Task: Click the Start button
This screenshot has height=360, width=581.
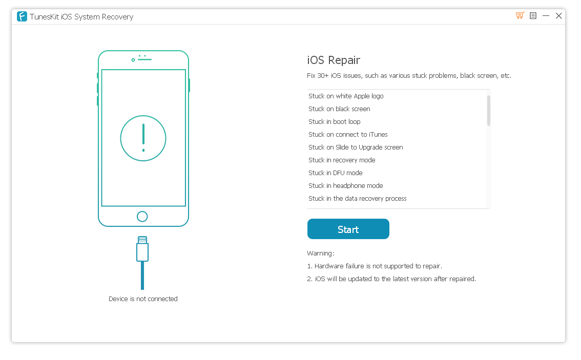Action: (348, 229)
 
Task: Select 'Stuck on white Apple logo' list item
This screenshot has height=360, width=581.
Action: (346, 96)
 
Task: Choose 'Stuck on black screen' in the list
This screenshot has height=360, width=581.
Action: (339, 109)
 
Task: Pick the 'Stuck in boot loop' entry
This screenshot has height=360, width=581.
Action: (334, 122)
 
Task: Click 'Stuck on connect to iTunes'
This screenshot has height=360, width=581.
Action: (348, 135)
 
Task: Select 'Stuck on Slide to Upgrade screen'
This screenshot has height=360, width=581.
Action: (356, 147)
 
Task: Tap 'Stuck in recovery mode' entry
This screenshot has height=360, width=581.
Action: (342, 160)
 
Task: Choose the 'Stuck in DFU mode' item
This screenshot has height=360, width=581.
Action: (335, 173)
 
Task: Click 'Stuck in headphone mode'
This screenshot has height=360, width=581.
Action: (345, 186)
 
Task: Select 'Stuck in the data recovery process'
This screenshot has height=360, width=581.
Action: (357, 199)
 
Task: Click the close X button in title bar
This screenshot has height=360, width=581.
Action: (559, 16)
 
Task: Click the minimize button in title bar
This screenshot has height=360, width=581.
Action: (546, 16)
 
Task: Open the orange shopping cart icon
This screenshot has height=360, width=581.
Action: (520, 16)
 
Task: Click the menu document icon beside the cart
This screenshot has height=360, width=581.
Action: (533, 16)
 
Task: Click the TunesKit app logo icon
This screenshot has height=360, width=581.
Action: (22, 16)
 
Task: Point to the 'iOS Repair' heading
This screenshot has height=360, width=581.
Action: (334, 60)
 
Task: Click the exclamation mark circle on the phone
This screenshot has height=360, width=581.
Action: (143, 138)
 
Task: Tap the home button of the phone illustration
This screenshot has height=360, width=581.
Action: (142, 216)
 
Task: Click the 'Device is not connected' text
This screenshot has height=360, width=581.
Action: (143, 299)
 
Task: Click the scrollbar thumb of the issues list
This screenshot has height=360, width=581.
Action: (489, 110)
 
